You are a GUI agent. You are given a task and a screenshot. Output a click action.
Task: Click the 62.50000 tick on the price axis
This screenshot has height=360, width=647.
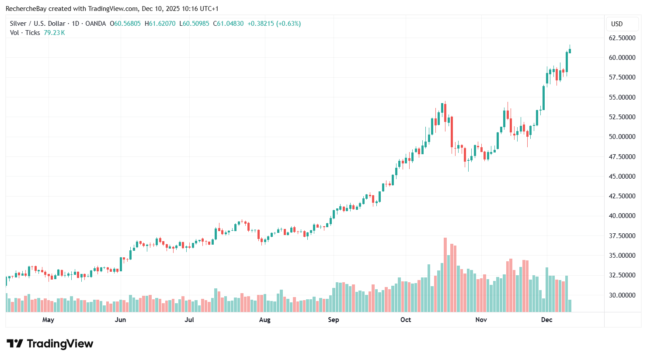click(622, 38)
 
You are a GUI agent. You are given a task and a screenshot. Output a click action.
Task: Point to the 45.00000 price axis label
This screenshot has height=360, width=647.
click(622, 177)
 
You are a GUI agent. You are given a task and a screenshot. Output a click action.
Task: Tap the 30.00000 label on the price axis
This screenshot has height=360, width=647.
click(622, 295)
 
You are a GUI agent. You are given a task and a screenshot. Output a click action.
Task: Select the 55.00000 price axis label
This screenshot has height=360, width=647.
click(622, 97)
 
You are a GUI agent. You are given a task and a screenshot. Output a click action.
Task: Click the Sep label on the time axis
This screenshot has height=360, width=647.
click(333, 320)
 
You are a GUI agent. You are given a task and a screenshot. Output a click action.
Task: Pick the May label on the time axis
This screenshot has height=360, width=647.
click(48, 320)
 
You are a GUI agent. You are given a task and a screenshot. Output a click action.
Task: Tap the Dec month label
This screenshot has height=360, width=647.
click(546, 320)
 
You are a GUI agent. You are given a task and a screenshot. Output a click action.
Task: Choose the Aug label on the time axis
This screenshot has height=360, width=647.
click(264, 320)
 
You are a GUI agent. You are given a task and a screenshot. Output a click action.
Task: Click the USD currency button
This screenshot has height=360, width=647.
click(616, 24)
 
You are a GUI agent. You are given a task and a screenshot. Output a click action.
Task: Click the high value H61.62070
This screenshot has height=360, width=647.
click(160, 24)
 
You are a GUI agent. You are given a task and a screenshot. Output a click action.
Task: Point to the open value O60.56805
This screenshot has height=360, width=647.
click(125, 24)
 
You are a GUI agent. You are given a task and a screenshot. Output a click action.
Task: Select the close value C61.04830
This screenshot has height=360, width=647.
click(228, 24)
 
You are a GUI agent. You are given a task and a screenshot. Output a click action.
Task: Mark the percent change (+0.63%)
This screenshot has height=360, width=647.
click(288, 24)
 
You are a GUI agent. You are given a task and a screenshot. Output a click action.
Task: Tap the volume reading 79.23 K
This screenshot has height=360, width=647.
click(54, 33)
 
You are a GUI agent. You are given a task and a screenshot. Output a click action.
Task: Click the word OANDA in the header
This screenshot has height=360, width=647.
click(95, 24)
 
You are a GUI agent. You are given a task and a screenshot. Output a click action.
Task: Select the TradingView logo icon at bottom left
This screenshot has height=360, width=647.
click(15, 344)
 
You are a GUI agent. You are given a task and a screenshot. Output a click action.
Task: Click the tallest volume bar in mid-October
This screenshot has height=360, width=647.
click(445, 275)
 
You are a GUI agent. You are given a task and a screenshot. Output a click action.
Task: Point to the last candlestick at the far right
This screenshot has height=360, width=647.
click(570, 50)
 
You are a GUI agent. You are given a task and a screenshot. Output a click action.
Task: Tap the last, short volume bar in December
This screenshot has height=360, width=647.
click(570, 306)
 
